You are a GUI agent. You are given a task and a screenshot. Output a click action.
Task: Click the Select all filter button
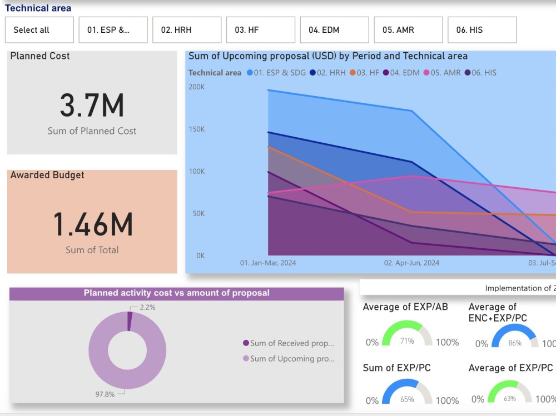(x=39, y=30)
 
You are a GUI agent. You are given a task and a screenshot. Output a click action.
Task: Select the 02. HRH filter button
(x=187, y=30)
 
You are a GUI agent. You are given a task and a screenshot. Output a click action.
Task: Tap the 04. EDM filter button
(x=334, y=30)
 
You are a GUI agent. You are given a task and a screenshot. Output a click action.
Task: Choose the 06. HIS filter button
(x=481, y=30)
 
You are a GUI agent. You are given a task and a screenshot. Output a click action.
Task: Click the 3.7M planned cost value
(x=92, y=106)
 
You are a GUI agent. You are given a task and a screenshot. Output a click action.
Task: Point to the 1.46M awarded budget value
(x=92, y=224)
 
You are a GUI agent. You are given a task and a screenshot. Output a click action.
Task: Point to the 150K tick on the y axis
(x=196, y=129)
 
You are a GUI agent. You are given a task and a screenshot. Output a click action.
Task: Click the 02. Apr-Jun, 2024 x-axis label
(x=411, y=263)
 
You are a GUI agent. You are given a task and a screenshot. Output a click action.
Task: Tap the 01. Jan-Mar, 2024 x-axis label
(x=268, y=263)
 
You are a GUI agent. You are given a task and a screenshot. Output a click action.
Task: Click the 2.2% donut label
(x=147, y=307)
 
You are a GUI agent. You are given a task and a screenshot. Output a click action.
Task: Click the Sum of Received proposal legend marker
(x=246, y=343)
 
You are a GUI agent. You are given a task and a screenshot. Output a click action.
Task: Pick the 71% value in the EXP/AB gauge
(x=407, y=341)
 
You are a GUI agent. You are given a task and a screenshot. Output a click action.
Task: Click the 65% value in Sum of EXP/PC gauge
(x=407, y=399)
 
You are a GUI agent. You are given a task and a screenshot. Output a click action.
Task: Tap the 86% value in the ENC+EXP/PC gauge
(x=515, y=343)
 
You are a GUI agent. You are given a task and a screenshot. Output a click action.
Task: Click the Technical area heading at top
(x=38, y=8)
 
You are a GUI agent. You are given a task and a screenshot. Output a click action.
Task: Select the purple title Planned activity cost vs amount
(x=176, y=293)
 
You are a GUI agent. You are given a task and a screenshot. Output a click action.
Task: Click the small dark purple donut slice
(x=130, y=321)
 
